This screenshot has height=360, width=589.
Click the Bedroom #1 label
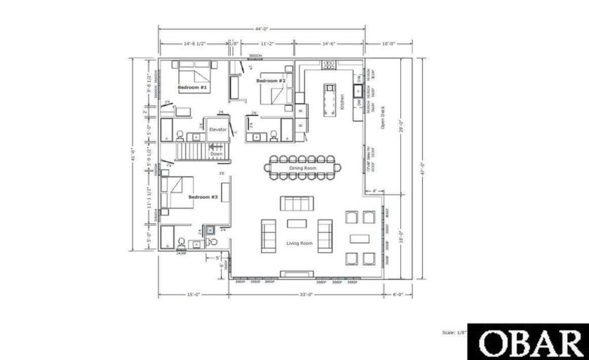[x=191, y=88]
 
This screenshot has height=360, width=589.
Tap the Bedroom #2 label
[x=270, y=81]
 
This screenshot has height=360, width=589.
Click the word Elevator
[x=217, y=130]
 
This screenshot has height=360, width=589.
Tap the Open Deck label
[x=382, y=117]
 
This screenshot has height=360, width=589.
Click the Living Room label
[x=299, y=244]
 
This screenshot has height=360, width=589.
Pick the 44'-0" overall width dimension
[x=262, y=29]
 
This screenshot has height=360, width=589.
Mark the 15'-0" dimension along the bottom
[x=194, y=295]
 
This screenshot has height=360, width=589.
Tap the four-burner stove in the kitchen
[x=330, y=65]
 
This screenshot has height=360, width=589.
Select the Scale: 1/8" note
[x=453, y=333]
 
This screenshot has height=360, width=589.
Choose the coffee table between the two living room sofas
[x=297, y=224]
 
